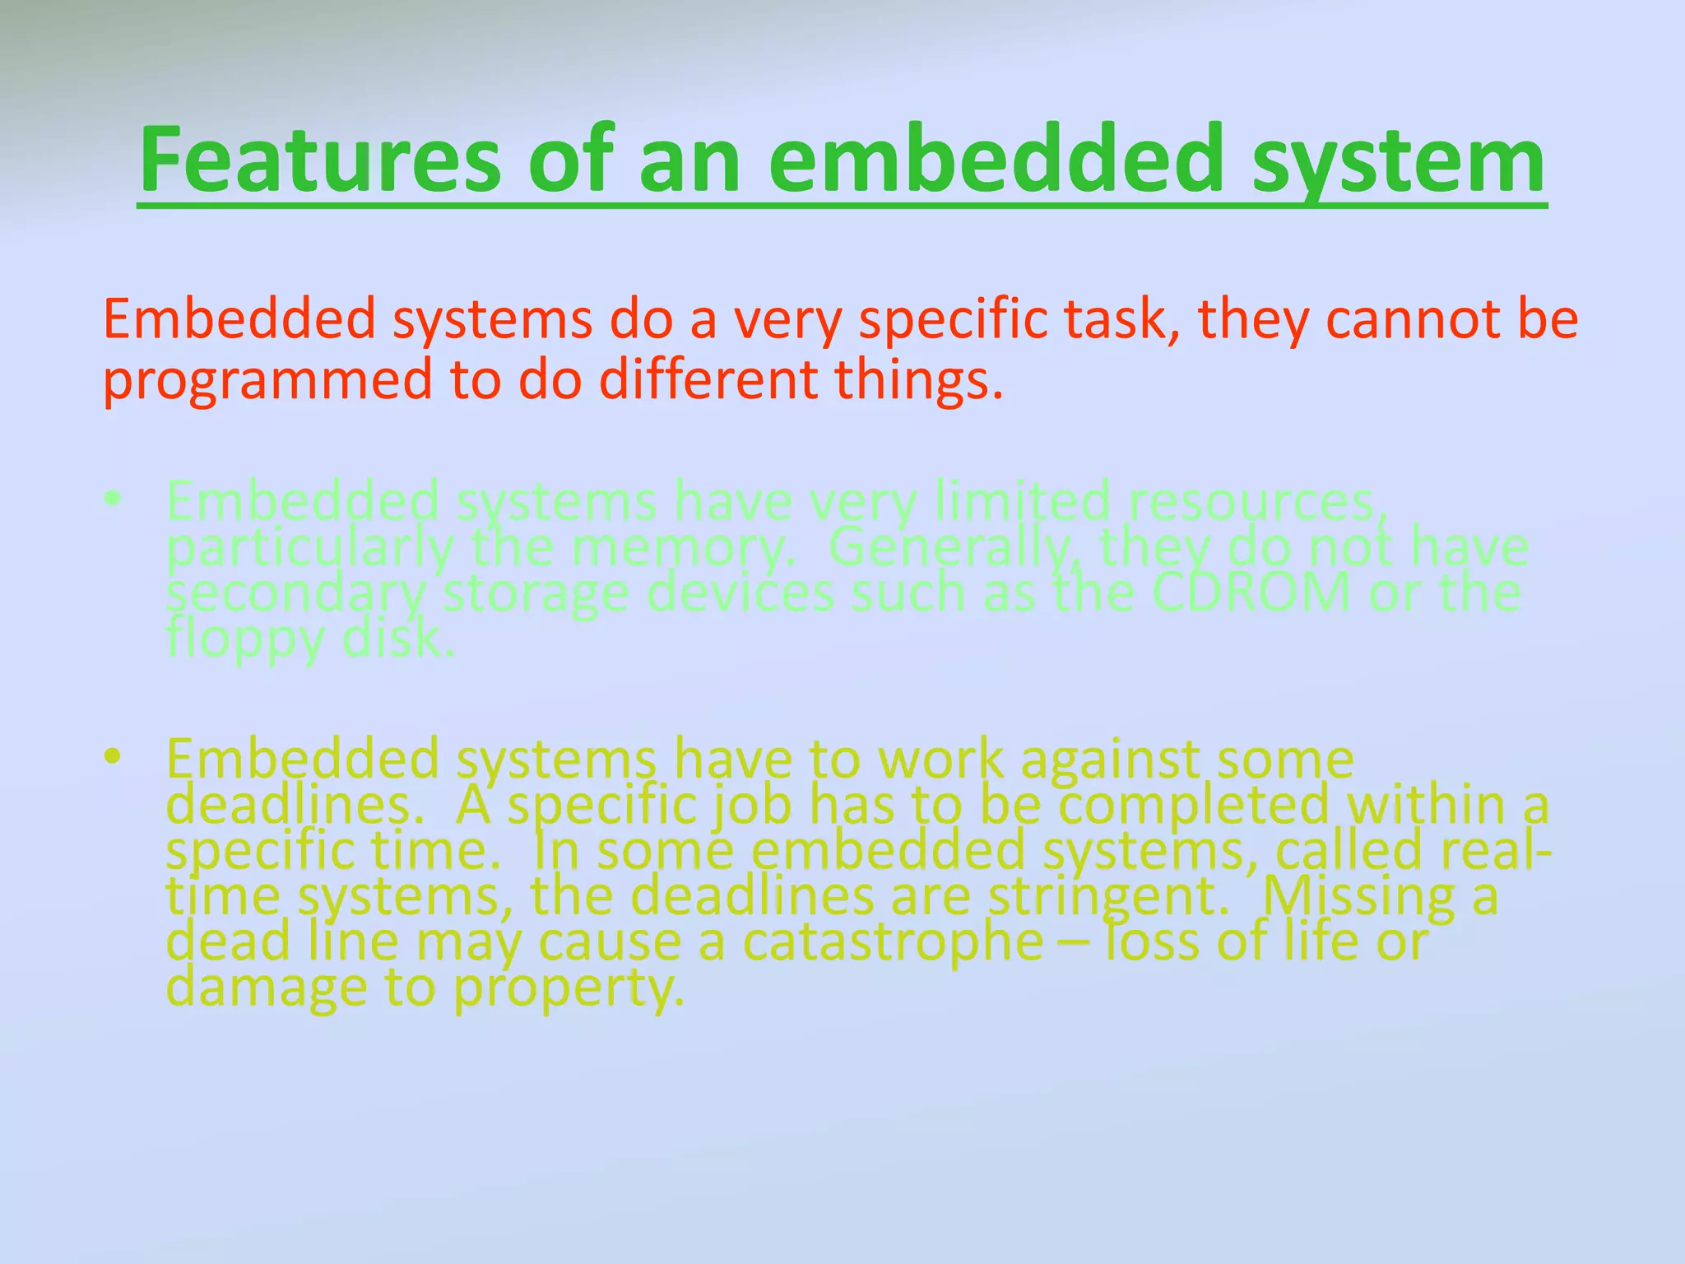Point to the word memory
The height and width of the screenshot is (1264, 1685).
[x=683, y=546]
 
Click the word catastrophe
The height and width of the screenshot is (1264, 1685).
[x=893, y=941]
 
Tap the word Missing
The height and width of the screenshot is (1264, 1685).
[x=1358, y=895]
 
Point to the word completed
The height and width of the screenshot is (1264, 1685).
[x=1193, y=804]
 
